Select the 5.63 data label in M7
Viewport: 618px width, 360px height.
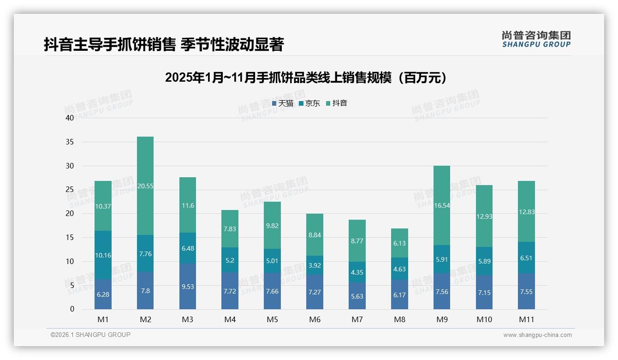coord(357,296)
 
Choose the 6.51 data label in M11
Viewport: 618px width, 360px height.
coord(526,258)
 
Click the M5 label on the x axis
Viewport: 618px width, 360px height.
coord(272,319)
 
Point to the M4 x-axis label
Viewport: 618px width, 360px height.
coord(230,319)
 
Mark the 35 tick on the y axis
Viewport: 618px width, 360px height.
coord(70,142)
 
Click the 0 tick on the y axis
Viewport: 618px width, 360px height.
coord(72,309)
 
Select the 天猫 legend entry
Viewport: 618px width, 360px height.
coord(283,103)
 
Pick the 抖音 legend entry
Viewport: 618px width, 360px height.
coord(337,103)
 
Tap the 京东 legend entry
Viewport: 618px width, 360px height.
coord(309,103)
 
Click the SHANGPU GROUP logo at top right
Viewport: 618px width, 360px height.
coord(536,39)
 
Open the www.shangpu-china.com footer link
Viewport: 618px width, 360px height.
coord(537,335)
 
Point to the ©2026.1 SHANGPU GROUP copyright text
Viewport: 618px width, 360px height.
coord(90,335)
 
